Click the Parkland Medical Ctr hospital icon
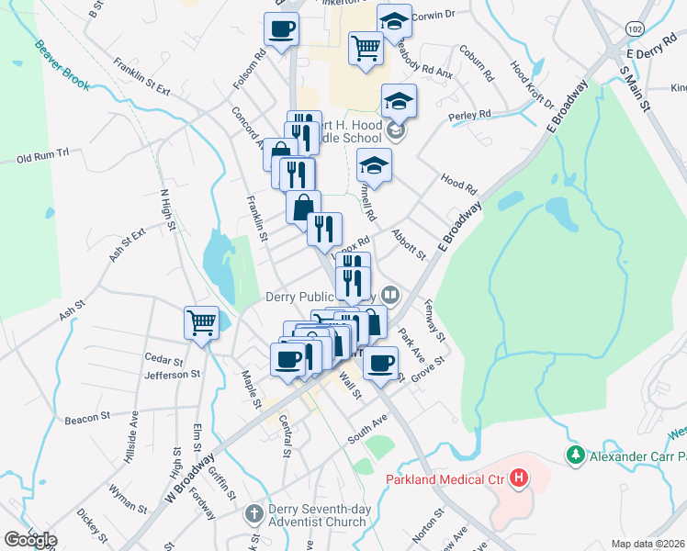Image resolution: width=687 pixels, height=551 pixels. click(x=519, y=478)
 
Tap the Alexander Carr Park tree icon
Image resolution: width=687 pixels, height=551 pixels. click(x=576, y=455)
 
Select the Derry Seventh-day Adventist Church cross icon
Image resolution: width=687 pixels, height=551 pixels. click(x=254, y=516)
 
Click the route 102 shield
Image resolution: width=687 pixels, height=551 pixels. click(x=634, y=29)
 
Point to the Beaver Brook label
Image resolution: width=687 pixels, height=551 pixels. click(x=62, y=64)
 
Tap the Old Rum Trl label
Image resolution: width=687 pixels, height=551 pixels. click(x=43, y=158)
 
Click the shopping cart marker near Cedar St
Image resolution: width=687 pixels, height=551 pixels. click(x=201, y=322)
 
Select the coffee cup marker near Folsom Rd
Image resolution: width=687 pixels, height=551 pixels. click(x=282, y=28)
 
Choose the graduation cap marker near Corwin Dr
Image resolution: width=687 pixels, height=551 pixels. click(x=395, y=21)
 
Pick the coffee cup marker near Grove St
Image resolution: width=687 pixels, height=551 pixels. click(x=381, y=361)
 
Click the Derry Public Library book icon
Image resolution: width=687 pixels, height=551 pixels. click(x=391, y=296)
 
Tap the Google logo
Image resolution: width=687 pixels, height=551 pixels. click(x=30, y=540)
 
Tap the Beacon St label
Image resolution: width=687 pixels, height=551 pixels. click(x=87, y=418)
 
